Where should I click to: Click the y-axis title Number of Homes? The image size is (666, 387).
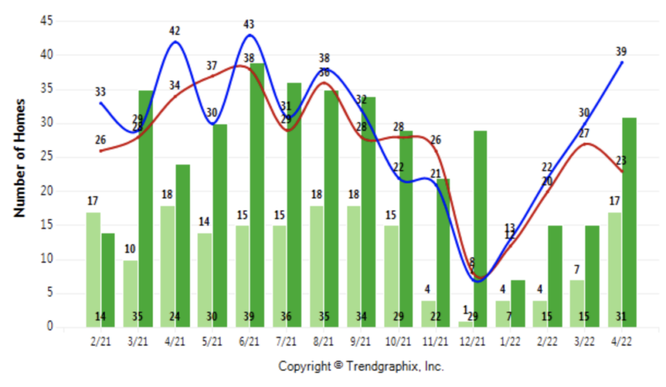pos(20,158)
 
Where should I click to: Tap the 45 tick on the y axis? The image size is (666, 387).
pos(45,21)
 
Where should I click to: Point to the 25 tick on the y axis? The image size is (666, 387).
pos(45,157)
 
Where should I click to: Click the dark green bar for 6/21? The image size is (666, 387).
pos(256,195)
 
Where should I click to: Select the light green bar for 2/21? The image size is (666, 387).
pos(93,269)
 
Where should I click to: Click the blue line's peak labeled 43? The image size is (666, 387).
pos(250,35)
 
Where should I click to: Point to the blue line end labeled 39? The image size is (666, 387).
pos(622,62)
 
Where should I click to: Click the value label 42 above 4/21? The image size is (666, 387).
pos(174,31)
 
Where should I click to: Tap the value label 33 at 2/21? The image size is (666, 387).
pos(100,92)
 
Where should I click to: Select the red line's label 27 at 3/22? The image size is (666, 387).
pos(584,134)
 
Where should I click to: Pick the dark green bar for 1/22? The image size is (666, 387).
pos(517,303)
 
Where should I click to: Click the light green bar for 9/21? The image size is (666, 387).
pos(354,266)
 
